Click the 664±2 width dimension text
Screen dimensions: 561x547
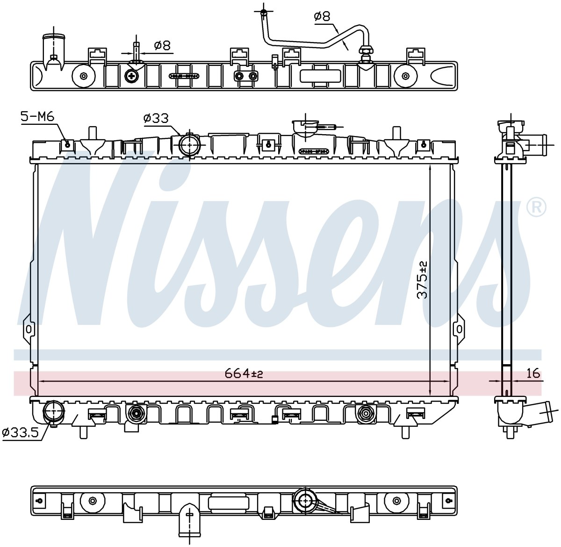click(x=244, y=374)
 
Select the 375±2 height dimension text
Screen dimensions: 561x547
click(x=423, y=280)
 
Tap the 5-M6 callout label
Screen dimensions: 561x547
click(x=37, y=117)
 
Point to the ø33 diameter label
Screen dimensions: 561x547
click(x=156, y=118)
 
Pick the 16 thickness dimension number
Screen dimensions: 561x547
click(x=533, y=374)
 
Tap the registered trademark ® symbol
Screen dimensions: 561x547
click(x=537, y=208)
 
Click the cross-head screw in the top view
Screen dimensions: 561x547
click(x=132, y=76)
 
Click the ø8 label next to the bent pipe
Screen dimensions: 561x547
click(x=322, y=16)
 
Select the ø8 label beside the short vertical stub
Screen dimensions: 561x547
click(x=163, y=45)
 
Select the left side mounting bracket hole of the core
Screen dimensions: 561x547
click(x=29, y=329)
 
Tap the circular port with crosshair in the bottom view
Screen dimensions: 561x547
click(x=304, y=501)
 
